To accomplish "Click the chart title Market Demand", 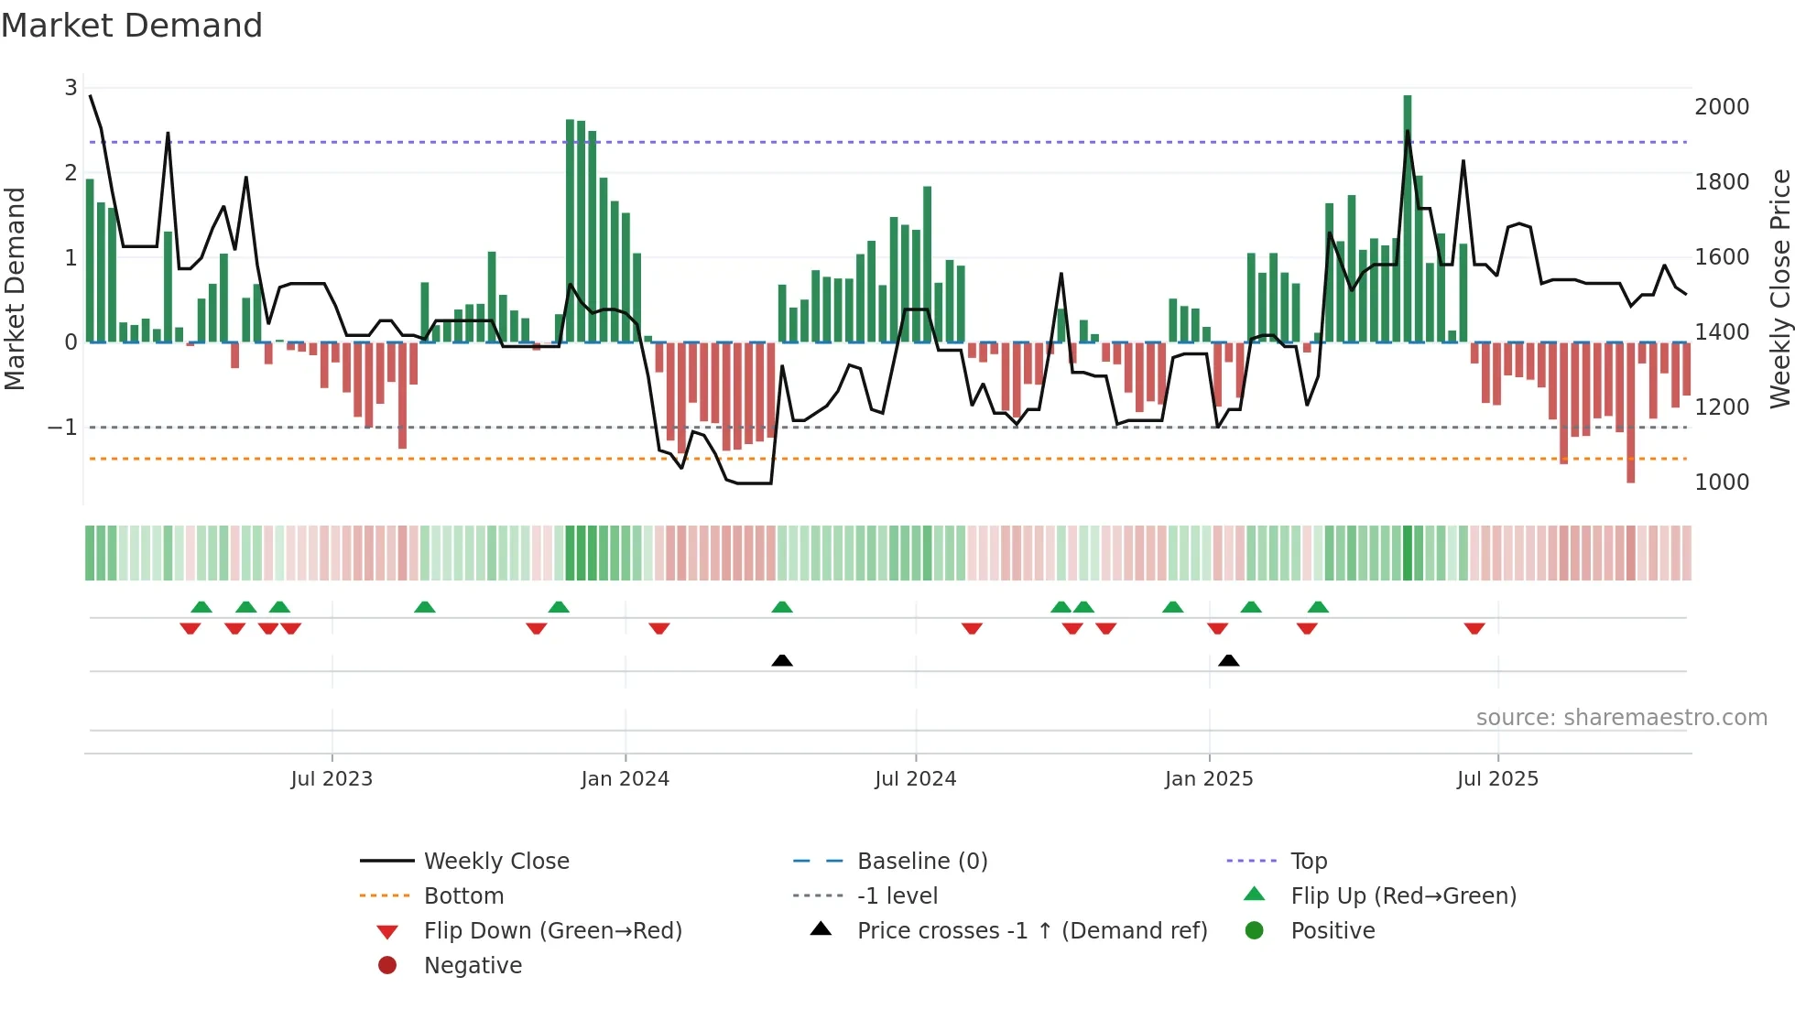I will [132, 26].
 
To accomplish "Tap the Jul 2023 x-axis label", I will [332, 779].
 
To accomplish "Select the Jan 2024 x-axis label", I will [625, 779].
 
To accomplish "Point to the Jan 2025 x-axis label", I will [1208, 779].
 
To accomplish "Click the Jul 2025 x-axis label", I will [1497, 779].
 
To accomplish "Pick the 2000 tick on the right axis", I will [1722, 107].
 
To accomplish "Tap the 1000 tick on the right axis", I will [1722, 483].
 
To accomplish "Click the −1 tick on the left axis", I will [62, 428].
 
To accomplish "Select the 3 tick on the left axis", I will [71, 88].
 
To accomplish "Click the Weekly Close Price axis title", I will [1779, 288].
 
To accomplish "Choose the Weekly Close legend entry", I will [495, 862].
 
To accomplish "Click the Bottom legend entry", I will [463, 896].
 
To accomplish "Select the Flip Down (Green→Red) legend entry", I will [552, 931].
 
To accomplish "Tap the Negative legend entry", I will [473, 966].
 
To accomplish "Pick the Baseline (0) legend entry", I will [921, 862].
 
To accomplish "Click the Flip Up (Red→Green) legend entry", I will [1403, 896].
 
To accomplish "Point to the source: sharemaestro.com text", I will [1621, 718].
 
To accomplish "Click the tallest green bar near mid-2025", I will [1408, 220].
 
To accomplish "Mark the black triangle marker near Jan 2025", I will [1229, 660].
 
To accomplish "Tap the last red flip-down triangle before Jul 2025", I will [1474, 628].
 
